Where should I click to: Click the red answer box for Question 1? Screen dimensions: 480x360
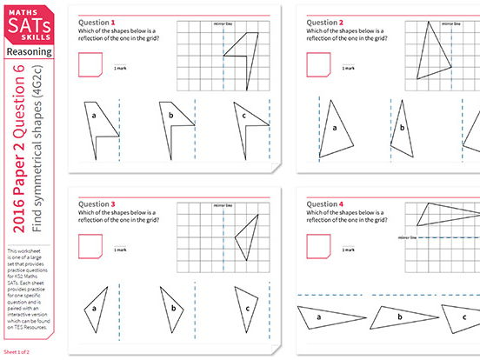coord(89,65)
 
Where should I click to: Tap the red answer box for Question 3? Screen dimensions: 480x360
coord(89,248)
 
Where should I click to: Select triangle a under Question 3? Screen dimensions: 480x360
coord(101,308)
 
